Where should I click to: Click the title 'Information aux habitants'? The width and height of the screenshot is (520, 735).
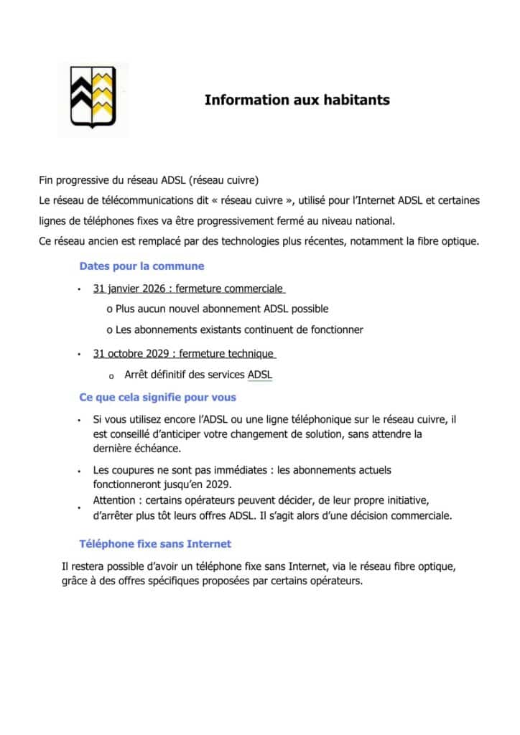point(297,100)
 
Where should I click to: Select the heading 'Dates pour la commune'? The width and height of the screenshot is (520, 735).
point(141,266)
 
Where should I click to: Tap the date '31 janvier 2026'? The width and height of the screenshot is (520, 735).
point(129,289)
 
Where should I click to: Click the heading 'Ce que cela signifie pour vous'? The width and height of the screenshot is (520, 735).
point(157,397)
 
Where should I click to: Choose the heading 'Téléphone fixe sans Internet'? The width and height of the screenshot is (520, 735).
point(155,544)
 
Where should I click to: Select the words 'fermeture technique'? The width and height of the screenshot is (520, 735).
point(226,353)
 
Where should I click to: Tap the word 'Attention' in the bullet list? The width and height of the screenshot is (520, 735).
point(114,500)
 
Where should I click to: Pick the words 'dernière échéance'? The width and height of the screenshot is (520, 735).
point(136,449)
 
